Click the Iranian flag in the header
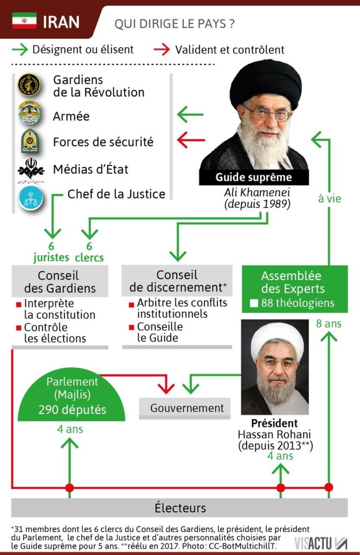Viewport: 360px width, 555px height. coord(24,21)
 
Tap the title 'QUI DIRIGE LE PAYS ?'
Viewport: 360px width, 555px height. coord(174,24)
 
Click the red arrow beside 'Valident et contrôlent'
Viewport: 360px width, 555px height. coord(162,50)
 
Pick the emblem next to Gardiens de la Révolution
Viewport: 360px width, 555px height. coord(29,86)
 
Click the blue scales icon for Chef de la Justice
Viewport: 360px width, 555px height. coord(30,199)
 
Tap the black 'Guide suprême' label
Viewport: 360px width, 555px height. coord(254,177)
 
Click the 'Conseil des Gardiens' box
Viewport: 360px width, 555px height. coord(60,281)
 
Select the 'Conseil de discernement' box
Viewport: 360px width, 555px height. coord(177,281)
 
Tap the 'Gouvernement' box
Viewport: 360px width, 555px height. coord(187,408)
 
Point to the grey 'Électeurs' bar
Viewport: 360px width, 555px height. coord(180,508)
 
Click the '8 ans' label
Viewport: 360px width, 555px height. coord(329,324)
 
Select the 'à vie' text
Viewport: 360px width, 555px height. coord(329,198)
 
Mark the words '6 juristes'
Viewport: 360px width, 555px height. coord(52,251)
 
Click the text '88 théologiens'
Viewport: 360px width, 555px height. coord(298,303)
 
